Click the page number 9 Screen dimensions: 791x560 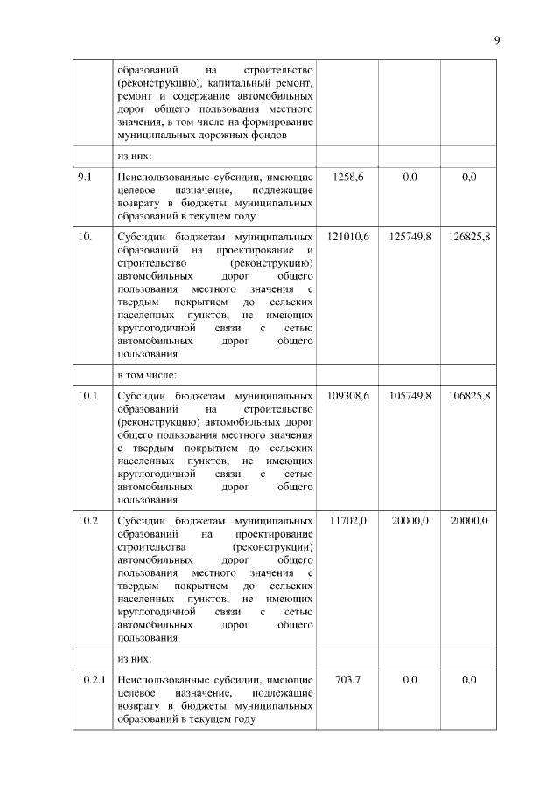(x=496, y=40)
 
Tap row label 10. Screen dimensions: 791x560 (x=85, y=237)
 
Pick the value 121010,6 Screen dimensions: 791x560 (x=348, y=237)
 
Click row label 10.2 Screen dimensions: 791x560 (x=87, y=520)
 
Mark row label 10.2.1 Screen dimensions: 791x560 (x=92, y=679)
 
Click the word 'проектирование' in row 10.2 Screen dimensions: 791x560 (x=274, y=533)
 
